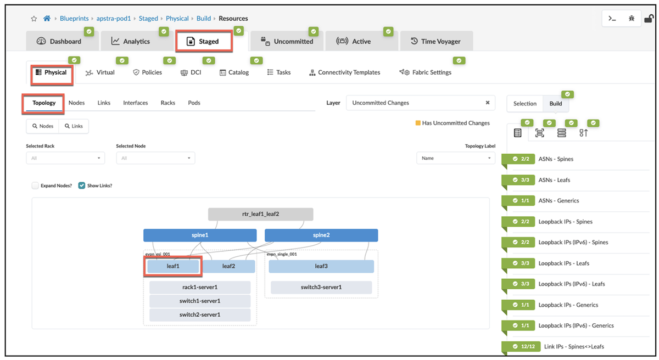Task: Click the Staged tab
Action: click(204, 41)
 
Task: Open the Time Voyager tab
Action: click(436, 41)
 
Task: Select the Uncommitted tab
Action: click(287, 41)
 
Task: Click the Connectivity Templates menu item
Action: click(345, 72)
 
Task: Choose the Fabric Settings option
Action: click(426, 72)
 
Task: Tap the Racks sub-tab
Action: click(168, 103)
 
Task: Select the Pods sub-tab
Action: click(194, 103)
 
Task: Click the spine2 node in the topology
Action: click(321, 235)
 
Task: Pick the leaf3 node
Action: click(321, 266)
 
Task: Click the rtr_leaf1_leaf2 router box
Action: click(261, 214)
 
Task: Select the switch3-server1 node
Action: click(321, 287)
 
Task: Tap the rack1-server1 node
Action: click(200, 287)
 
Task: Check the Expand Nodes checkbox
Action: click(36, 185)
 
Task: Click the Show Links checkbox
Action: click(82, 185)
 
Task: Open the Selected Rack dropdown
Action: click(65, 158)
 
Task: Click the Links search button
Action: click(74, 126)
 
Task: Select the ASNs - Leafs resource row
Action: click(554, 180)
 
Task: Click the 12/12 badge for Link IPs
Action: click(522, 346)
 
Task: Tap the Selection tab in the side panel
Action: click(524, 103)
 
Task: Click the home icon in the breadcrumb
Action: click(47, 19)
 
